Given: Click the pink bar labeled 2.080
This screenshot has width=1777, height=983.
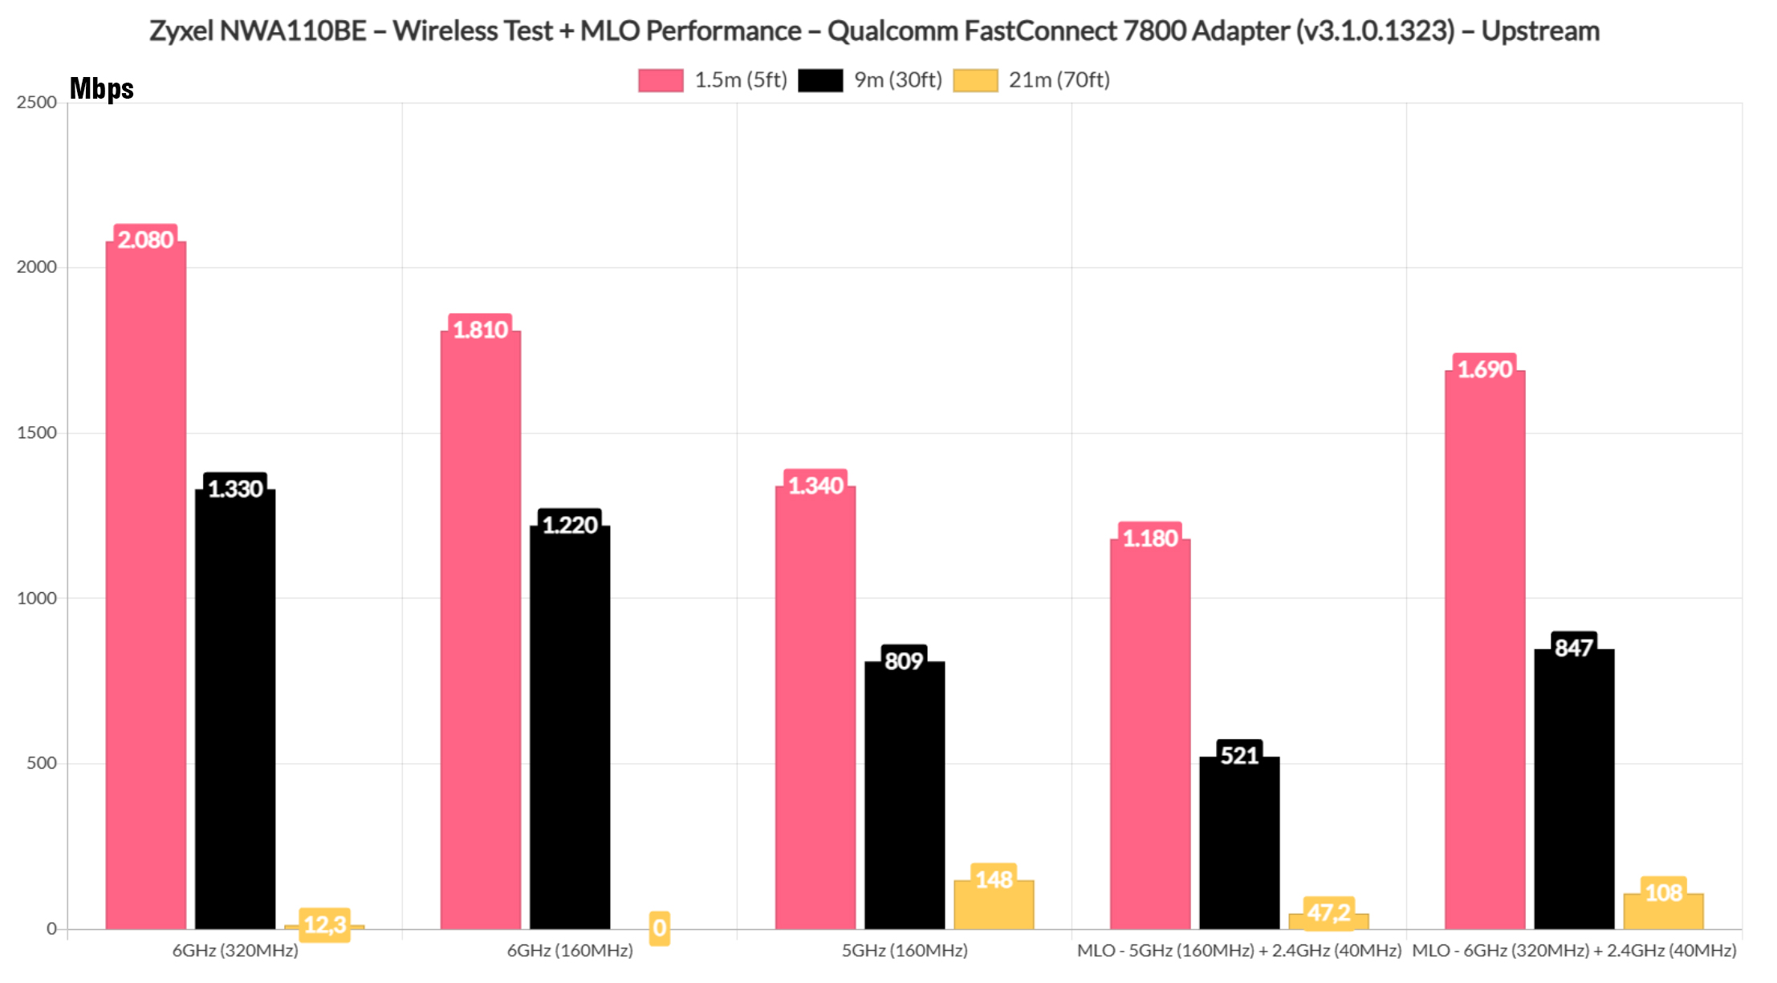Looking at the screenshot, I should point(145,586).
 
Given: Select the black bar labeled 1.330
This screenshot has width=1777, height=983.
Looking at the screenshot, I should point(235,710).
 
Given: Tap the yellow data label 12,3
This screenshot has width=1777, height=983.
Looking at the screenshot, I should point(324,924).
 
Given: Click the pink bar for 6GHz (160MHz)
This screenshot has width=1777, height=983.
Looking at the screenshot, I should point(480,630).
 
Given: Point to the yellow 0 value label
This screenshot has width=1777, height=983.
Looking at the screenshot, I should point(659,928).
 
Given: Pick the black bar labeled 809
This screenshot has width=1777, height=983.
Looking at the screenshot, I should point(905,794).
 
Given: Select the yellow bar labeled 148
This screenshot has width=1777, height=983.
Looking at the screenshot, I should point(994,905).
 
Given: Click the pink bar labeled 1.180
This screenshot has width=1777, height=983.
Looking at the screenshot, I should point(1150,734).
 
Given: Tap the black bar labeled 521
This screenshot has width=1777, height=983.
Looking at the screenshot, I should point(1239,843).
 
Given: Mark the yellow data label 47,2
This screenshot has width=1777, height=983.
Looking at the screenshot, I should point(1328,912).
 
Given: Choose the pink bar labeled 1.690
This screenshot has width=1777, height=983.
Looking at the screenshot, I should point(1485,650).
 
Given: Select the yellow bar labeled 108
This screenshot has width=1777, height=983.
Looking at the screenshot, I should point(1663,912).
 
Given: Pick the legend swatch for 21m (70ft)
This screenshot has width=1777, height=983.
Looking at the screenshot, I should point(975,80).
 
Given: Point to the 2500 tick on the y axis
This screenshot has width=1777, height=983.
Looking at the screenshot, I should point(37,103).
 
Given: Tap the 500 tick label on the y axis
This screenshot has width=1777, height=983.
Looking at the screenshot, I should point(42,763).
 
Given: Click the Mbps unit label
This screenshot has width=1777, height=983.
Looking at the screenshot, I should point(102,88).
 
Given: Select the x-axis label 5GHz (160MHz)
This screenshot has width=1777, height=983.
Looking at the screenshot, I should point(905,951).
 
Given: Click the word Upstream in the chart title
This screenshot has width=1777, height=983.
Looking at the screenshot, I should point(1540,31).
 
